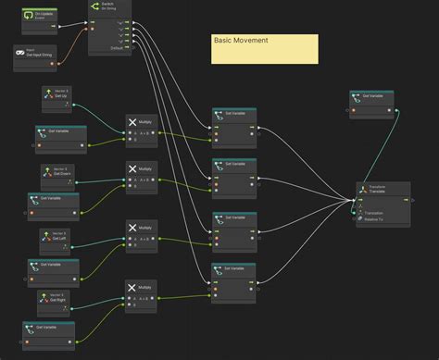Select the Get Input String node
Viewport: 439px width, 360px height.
[36, 54]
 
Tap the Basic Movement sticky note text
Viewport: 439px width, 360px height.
[241, 41]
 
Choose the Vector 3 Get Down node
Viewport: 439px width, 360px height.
[61, 174]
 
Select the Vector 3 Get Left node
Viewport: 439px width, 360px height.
[59, 238]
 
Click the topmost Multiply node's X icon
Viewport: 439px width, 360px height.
[132, 121]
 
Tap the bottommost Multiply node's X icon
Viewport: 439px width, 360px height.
[132, 288]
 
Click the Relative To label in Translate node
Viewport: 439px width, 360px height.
[376, 220]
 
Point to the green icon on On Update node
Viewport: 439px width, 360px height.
[29, 17]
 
